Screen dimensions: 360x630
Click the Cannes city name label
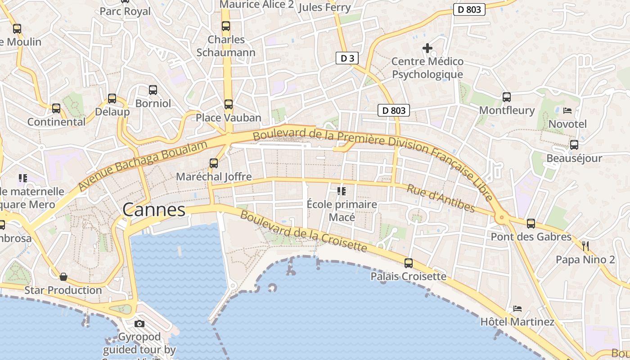point(154,210)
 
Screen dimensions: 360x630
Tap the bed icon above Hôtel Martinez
point(517,309)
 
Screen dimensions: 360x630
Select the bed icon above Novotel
point(567,110)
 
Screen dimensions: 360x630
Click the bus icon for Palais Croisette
point(409,263)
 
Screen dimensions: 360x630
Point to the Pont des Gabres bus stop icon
point(531,223)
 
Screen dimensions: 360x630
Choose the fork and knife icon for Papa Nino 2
point(585,246)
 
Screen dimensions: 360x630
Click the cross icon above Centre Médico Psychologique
point(427,48)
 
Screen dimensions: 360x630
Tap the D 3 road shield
point(347,58)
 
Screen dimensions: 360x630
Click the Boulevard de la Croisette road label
point(303,231)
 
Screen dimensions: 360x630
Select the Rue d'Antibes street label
point(441,198)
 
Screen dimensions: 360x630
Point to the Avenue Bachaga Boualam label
point(143,165)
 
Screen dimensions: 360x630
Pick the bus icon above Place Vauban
point(229,104)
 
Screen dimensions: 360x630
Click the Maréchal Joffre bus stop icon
point(214,163)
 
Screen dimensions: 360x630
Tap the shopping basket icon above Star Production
point(63,276)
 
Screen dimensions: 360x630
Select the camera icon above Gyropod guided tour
point(139,324)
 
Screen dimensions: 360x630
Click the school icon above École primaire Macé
point(342,191)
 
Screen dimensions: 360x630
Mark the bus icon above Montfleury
point(507,97)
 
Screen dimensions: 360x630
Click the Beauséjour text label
point(574,158)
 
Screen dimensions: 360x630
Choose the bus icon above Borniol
point(153,90)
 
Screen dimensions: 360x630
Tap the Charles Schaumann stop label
point(226,46)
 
